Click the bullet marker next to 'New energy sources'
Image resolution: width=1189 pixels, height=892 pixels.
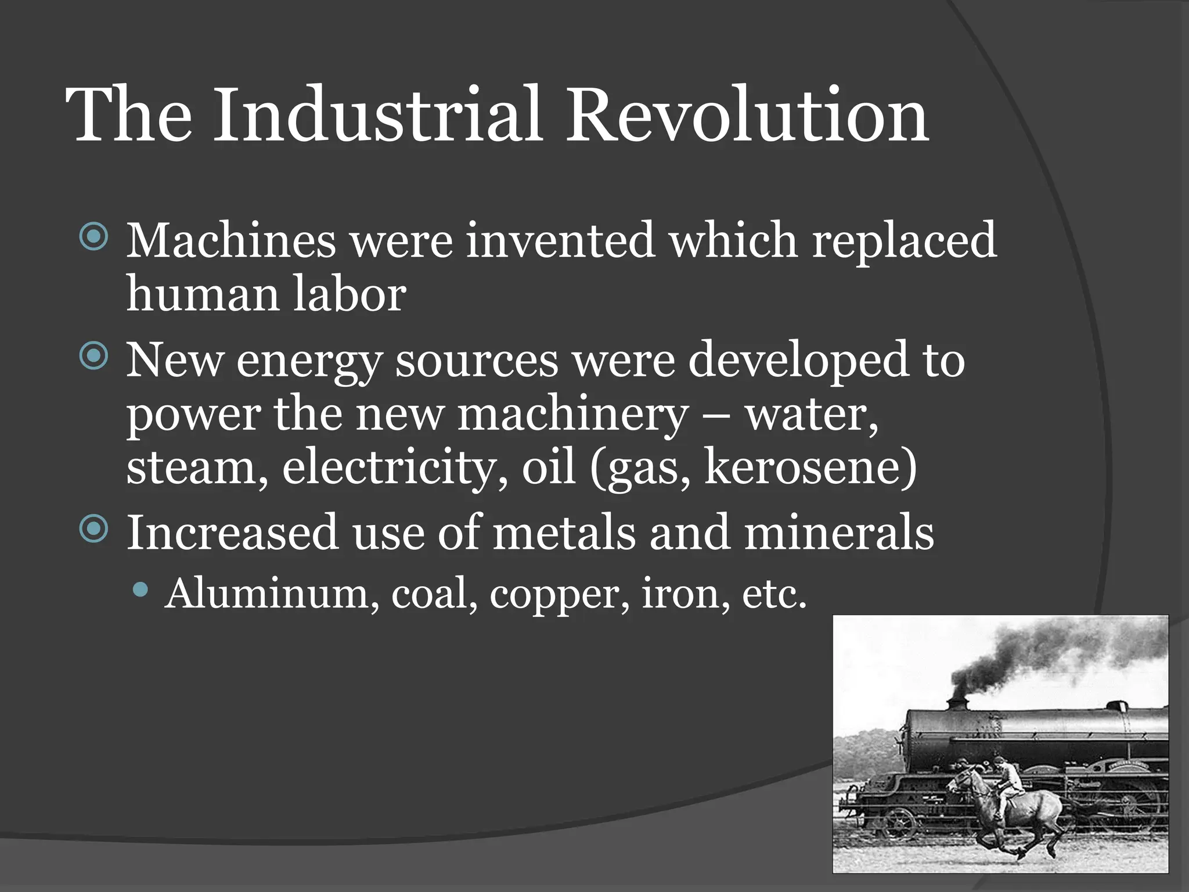tap(93, 355)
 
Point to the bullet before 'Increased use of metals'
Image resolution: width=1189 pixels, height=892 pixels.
tap(93, 528)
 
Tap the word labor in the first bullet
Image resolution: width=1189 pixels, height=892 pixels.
tap(349, 294)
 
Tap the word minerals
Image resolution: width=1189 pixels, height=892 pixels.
tap(838, 532)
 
